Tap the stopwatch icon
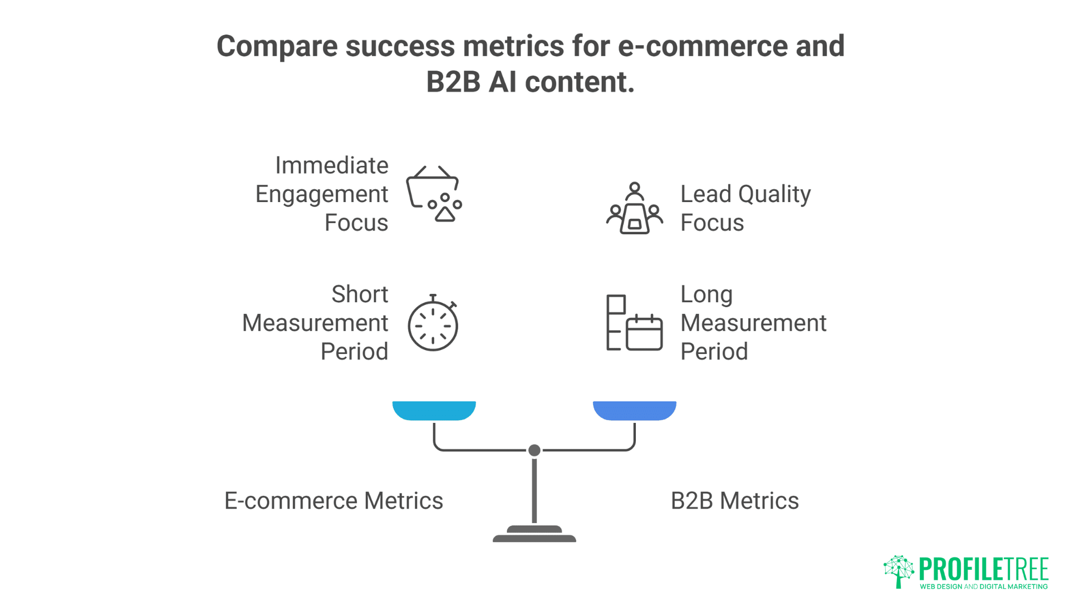433,324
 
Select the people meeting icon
634,209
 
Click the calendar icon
644,332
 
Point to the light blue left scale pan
434,410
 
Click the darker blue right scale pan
634,410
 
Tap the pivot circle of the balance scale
534,450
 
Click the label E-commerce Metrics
334,501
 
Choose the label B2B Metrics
734,501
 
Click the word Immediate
332,166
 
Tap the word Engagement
322,195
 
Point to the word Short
360,294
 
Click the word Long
706,295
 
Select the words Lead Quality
745,194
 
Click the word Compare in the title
277,46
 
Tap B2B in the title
453,82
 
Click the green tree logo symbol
899,571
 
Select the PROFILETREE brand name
983,569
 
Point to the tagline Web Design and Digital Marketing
983,587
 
